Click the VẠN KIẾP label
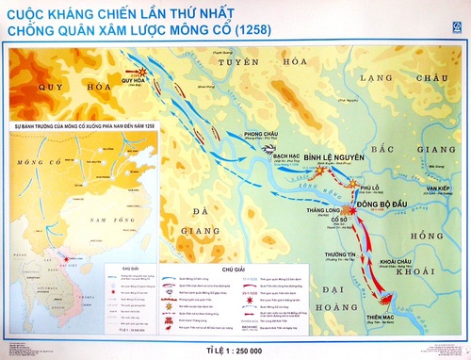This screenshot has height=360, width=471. [x=437, y=189]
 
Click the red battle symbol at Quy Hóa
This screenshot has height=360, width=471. [x=141, y=72]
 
